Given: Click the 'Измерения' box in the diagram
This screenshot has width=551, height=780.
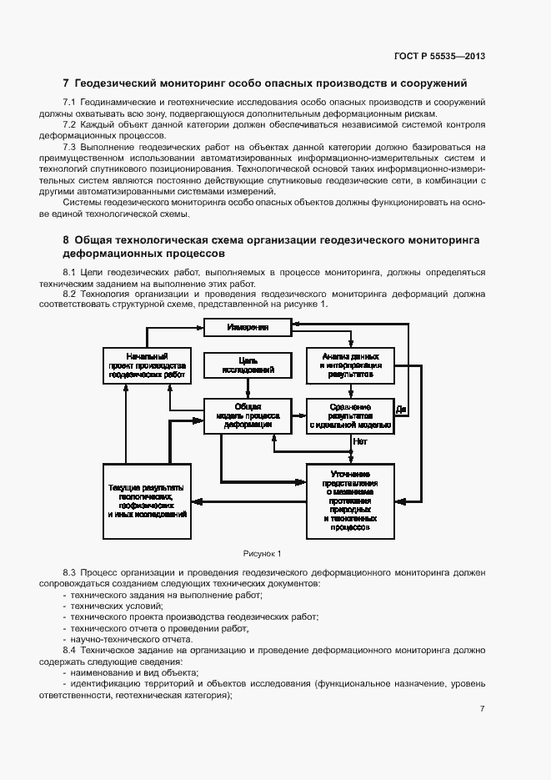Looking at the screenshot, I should point(248,328).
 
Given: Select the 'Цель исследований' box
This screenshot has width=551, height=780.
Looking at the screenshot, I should point(248,365).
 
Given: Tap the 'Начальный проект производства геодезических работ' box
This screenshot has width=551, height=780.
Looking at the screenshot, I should point(147,365).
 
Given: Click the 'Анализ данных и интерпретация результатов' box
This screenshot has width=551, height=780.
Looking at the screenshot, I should point(350,365).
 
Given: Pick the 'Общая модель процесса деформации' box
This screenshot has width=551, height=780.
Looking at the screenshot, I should point(248,415).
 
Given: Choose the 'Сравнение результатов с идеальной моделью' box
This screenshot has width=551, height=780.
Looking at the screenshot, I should point(350,415).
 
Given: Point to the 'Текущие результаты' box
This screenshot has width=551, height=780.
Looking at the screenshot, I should point(147,499).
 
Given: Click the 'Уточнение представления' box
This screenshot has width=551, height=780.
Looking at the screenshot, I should point(350,499).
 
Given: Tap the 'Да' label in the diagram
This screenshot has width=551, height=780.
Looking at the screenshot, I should point(401,409).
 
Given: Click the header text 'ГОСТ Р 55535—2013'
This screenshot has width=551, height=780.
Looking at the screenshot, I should point(439,56).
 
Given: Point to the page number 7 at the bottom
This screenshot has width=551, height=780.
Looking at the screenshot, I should point(483,709).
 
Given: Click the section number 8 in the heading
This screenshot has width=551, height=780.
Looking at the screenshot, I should point(66,239).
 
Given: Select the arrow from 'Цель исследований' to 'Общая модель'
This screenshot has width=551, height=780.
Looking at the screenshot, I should point(248,389).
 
